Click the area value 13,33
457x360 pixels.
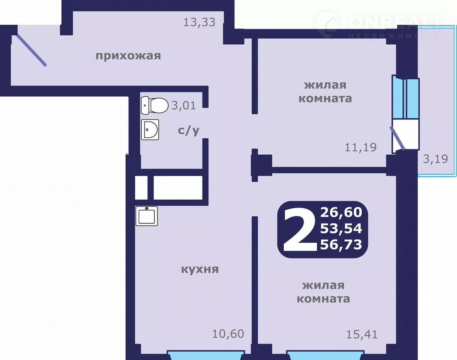[199, 22]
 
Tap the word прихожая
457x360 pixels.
[128, 55]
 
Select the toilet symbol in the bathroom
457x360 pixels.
[155, 105]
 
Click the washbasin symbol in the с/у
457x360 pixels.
[150, 129]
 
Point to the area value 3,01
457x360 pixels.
[184, 105]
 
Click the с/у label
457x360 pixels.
[189, 130]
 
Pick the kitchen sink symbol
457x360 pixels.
[147, 216]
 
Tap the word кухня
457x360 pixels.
[200, 269]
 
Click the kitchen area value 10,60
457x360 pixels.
[228, 334]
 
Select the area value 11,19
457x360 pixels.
[361, 147]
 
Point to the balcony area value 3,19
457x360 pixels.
[435, 159]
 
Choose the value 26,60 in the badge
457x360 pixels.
[341, 212]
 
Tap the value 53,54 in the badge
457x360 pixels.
[341, 228]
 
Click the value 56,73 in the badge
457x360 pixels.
[341, 244]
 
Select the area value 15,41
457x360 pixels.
[362, 334]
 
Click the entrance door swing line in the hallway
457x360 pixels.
[31, 50]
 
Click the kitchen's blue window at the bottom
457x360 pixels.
[205, 355]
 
